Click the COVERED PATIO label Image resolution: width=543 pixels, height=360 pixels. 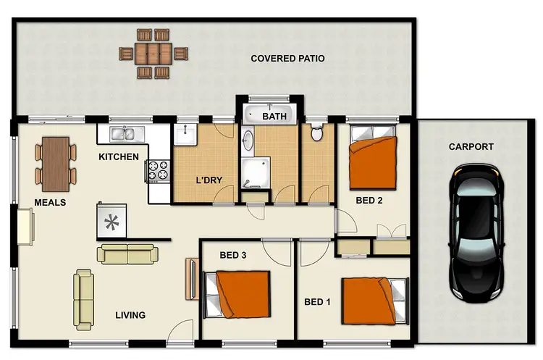[287, 59]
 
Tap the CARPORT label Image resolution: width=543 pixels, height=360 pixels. [471, 146]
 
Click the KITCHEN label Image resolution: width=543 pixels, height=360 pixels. [119, 156]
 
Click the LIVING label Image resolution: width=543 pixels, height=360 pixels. [130, 315]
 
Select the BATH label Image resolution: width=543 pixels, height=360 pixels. [274, 116]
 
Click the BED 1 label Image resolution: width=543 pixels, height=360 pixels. [317, 302]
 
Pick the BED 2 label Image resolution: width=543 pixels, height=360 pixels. [369, 201]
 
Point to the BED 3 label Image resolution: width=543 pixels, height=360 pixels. [233, 255]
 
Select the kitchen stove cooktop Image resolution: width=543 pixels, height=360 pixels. [158, 170]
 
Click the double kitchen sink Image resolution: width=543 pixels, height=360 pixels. [126, 133]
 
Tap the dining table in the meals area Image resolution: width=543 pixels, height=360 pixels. [55, 160]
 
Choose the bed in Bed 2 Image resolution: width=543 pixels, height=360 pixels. [373, 153]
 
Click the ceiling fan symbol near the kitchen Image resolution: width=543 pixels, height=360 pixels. [112, 221]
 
